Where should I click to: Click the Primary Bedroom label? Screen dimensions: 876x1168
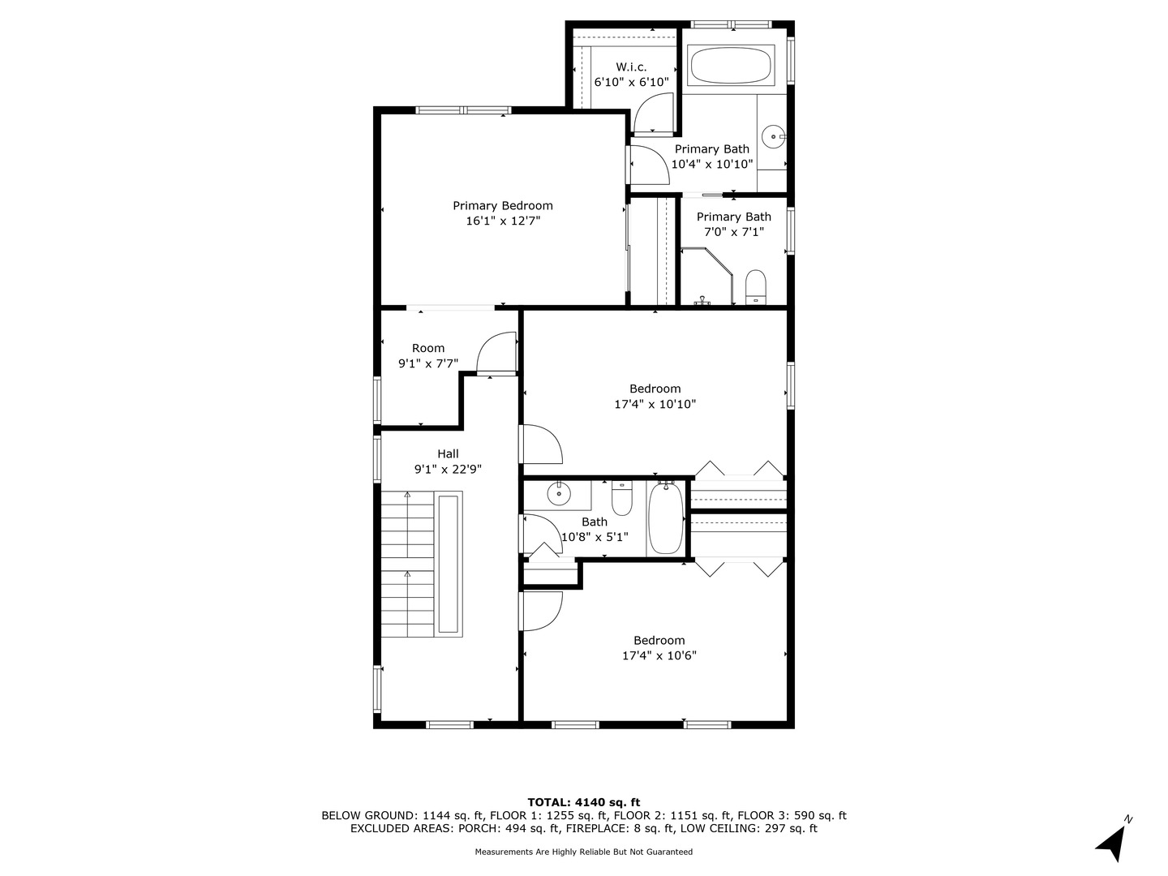[x=502, y=206]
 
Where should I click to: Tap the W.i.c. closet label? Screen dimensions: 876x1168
[x=631, y=67]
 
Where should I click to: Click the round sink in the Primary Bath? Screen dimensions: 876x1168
[x=775, y=138]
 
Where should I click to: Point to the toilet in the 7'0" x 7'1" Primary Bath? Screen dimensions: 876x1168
[x=755, y=286]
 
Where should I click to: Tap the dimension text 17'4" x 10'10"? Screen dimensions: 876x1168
[x=655, y=404]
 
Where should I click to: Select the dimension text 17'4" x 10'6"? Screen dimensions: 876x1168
[x=659, y=655]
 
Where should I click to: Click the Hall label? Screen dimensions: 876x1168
[x=448, y=454]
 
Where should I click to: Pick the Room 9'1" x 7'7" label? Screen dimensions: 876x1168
[x=428, y=349]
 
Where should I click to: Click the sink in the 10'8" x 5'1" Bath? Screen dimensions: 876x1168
[x=559, y=492]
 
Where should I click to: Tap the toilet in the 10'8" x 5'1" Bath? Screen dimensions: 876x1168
[x=621, y=499]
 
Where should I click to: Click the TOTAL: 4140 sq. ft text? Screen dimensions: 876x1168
[x=584, y=802]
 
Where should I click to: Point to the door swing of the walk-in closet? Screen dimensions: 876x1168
[x=653, y=114]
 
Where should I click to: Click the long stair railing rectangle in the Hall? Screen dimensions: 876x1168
[x=449, y=564]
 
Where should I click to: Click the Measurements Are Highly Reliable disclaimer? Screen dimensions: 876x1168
[x=584, y=852]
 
